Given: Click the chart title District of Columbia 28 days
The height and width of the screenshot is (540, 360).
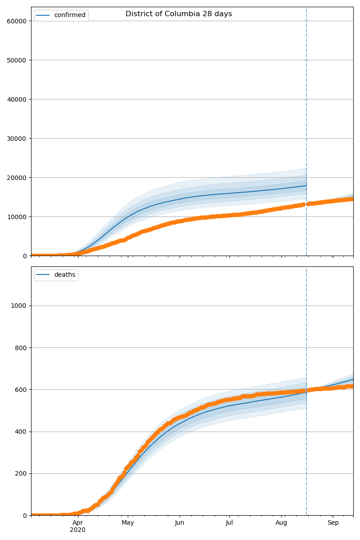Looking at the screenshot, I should [179, 14].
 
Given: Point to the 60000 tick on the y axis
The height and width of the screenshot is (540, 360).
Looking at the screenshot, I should [17, 21].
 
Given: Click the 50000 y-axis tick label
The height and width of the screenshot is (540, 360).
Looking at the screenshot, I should [17, 60].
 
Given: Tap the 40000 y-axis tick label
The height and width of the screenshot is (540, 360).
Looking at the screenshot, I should [17, 99].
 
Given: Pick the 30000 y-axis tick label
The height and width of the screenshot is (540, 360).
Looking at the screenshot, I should [17, 138].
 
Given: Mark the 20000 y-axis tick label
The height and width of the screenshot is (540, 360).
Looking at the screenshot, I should [17, 177].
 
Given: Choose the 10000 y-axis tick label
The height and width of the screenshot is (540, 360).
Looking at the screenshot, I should [17, 216].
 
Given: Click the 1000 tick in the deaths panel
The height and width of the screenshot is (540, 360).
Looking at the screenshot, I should [20, 306].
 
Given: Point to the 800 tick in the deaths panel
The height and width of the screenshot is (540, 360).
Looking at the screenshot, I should [22, 347].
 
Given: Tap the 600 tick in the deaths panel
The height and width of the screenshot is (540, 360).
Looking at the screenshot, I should [22, 389].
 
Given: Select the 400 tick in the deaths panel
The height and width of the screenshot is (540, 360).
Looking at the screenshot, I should [22, 432].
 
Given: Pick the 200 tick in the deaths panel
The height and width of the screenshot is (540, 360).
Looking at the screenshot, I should [22, 473].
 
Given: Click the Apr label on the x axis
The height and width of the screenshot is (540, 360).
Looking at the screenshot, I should [78, 523].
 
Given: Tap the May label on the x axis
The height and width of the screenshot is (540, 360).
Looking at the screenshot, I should [128, 523].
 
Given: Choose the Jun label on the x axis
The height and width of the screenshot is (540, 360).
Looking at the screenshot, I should [180, 523].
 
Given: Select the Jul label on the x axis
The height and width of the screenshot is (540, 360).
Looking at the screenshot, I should [229, 523].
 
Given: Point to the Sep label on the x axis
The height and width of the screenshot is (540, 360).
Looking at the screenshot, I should [333, 523].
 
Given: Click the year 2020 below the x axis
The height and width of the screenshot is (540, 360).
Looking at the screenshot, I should [78, 530].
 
